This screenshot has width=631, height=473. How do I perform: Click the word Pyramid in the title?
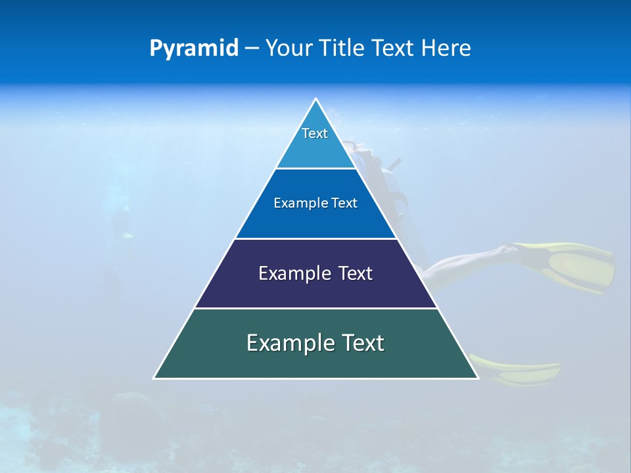(x=194, y=49)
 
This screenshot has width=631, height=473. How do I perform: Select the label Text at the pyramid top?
(x=315, y=133)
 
